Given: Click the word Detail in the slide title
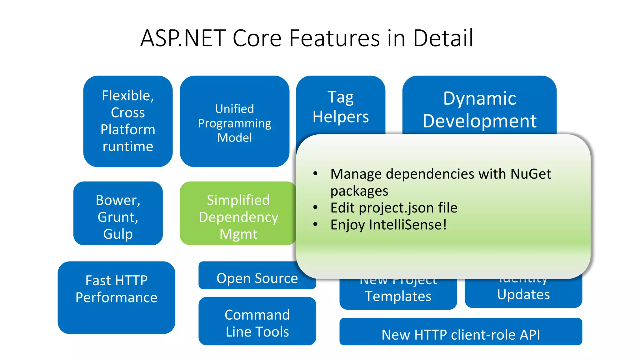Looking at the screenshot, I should (x=443, y=38).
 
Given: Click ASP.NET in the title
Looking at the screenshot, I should (x=183, y=38).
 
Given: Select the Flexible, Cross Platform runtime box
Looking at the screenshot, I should (x=128, y=121).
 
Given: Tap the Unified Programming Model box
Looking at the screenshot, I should (x=234, y=123).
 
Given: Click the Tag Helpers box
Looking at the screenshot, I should (x=341, y=106).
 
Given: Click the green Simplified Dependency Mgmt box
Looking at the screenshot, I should (x=238, y=217).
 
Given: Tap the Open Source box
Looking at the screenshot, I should (x=257, y=278).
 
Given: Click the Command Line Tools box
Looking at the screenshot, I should (x=257, y=323).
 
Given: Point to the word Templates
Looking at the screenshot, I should (x=398, y=296).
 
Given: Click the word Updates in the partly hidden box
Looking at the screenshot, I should (x=523, y=294).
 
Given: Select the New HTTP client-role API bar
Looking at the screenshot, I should (x=461, y=334).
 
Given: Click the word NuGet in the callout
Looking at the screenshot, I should (x=531, y=174).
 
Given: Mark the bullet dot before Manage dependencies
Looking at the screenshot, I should (x=316, y=173).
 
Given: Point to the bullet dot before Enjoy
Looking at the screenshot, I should (x=316, y=224).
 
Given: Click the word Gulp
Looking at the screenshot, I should (x=118, y=234).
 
